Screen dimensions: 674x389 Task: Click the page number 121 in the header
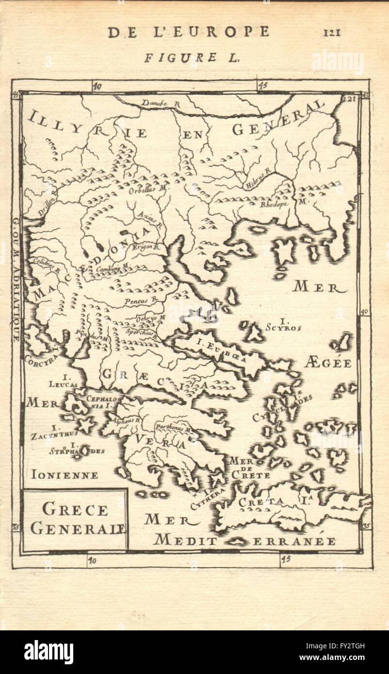point(332,32)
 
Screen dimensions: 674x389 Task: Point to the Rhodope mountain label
point(275,204)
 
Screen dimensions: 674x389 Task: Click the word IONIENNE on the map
point(63,475)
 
